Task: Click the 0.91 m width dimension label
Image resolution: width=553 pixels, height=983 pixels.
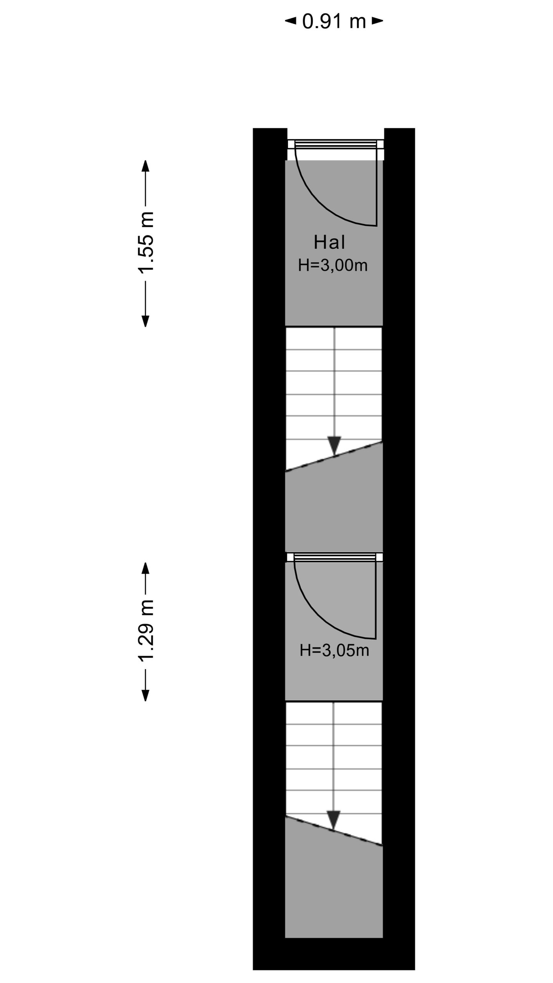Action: (x=334, y=21)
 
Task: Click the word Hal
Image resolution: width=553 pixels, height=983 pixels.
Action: (x=329, y=242)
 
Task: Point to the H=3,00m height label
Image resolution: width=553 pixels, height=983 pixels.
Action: (x=333, y=265)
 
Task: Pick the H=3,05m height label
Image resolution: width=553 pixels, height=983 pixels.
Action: (x=334, y=650)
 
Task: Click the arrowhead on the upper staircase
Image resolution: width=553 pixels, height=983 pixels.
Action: (x=334, y=445)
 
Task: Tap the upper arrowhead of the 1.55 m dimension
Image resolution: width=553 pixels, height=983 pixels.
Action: (x=146, y=166)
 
